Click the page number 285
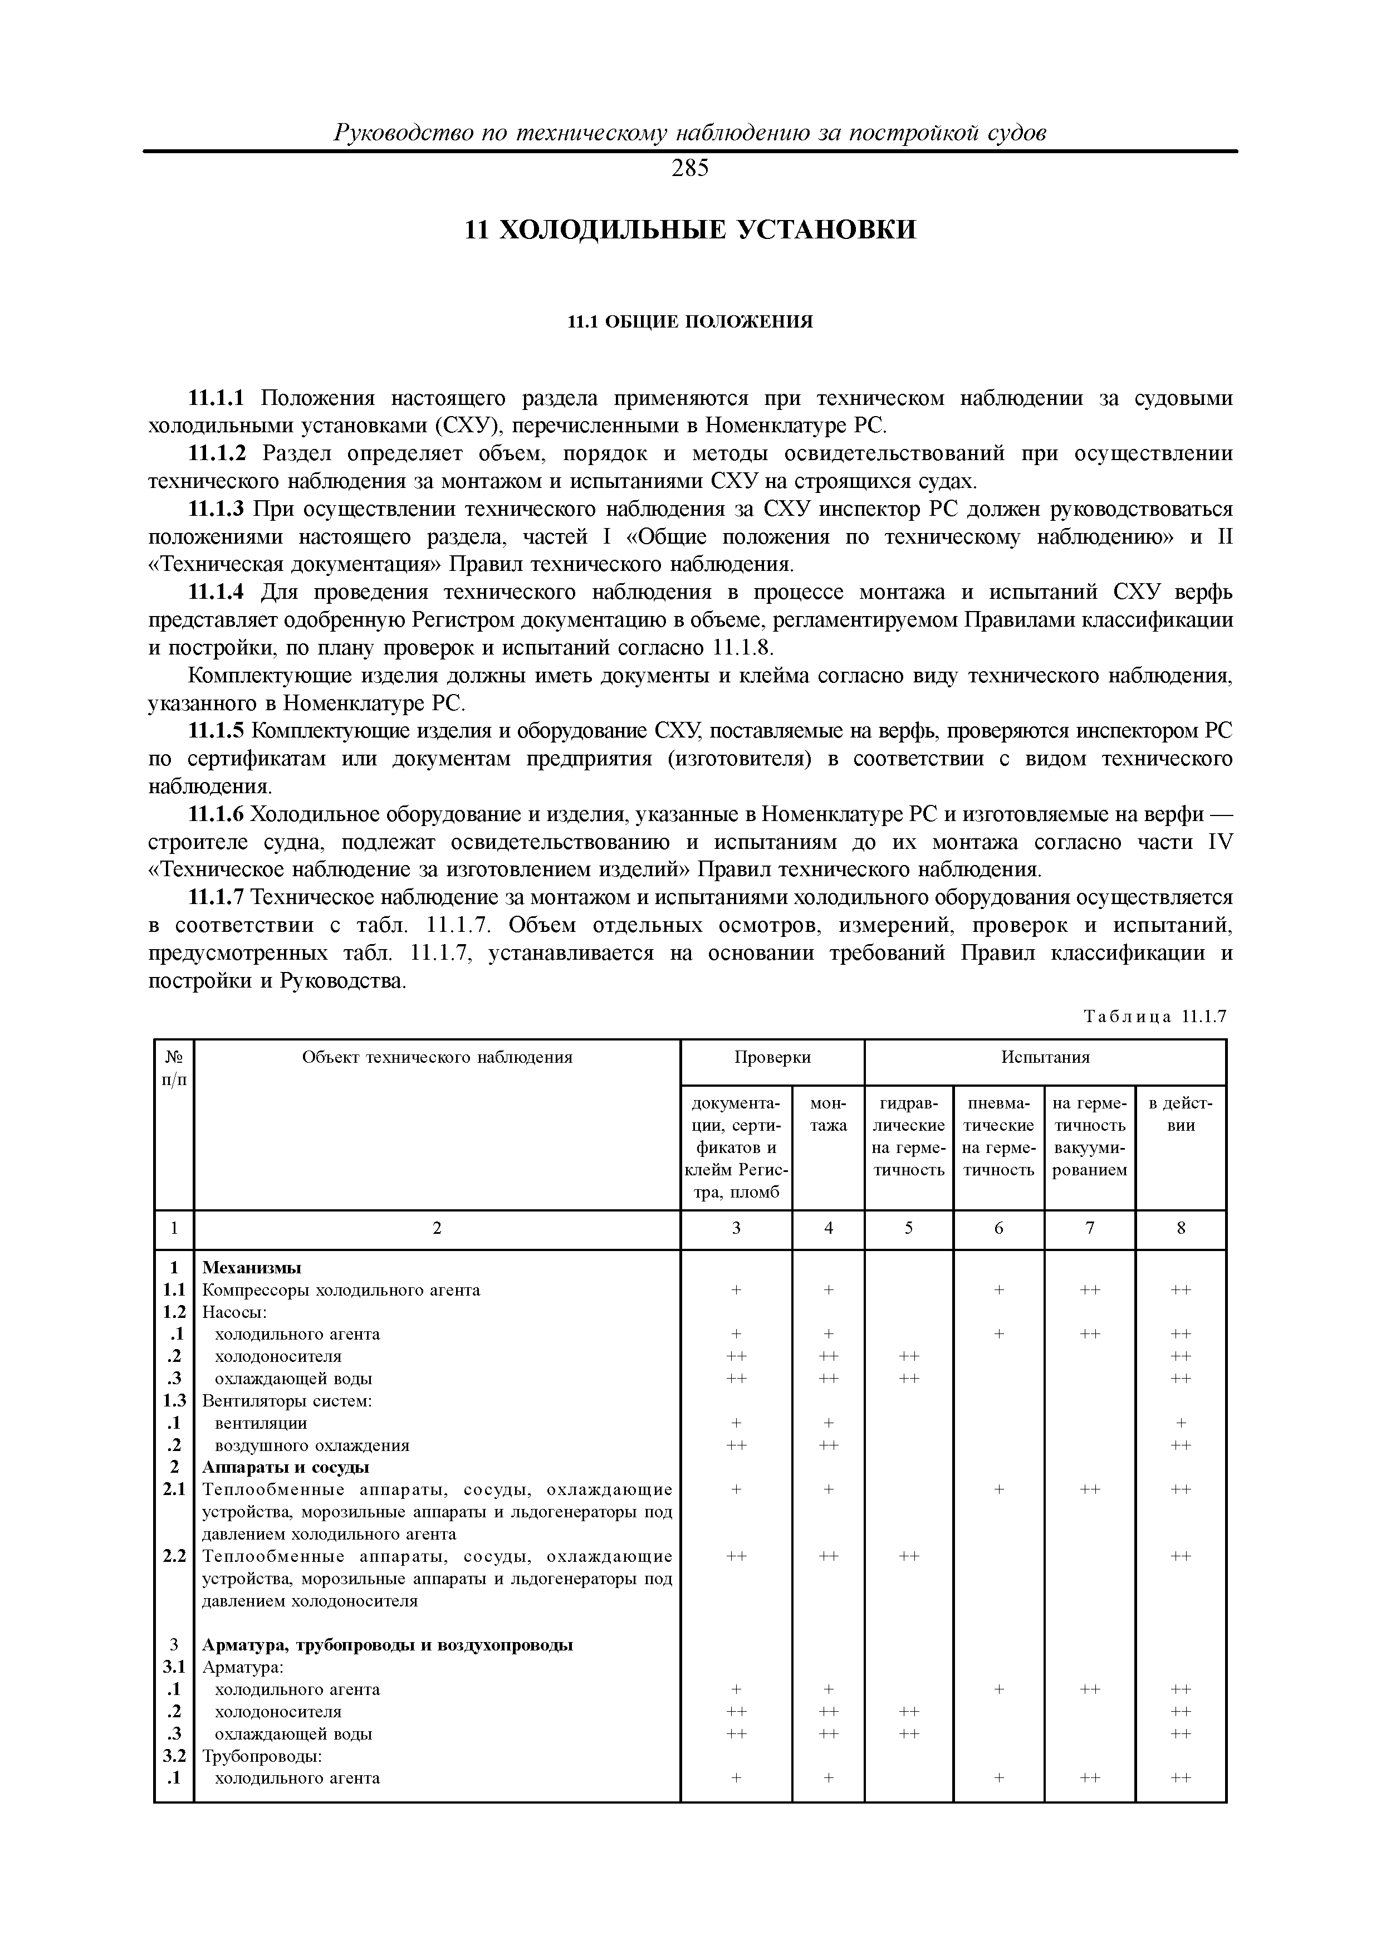(x=689, y=169)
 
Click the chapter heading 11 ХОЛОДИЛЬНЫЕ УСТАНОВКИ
(x=690, y=230)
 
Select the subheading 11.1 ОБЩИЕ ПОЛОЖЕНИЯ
(x=690, y=322)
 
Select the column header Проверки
(x=772, y=1057)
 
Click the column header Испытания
(x=1045, y=1057)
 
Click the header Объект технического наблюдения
(x=437, y=1057)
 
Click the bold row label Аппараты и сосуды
(x=286, y=1467)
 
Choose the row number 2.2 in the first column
(x=174, y=1556)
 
